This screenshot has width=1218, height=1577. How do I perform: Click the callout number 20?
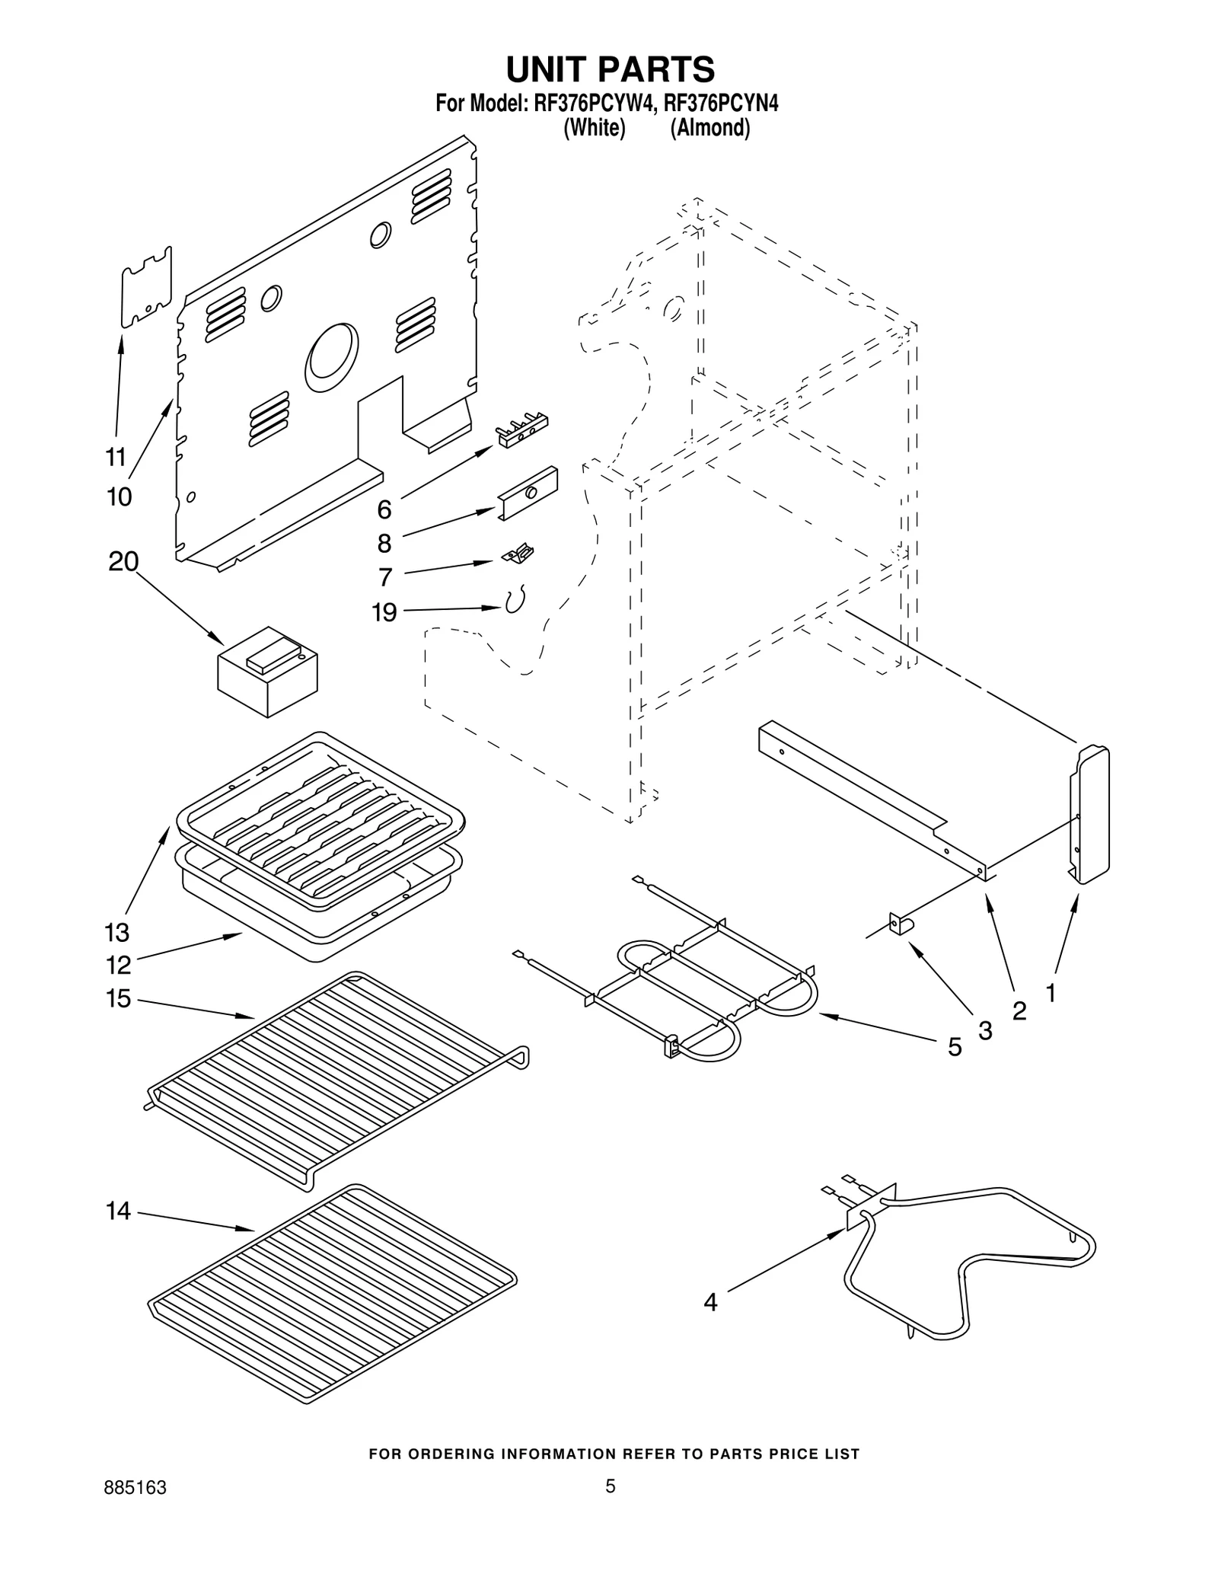(123, 562)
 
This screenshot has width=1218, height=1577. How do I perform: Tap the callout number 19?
(384, 611)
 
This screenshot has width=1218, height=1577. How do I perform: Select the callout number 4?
(709, 1303)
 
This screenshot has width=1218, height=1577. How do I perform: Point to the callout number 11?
(116, 457)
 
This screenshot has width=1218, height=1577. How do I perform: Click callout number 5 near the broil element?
(955, 1048)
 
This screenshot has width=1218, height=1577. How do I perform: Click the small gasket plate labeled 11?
(147, 287)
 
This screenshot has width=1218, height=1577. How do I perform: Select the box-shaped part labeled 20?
(267, 672)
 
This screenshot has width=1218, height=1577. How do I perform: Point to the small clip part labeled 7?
(518, 554)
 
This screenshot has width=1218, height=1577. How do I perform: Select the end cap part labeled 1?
(1090, 815)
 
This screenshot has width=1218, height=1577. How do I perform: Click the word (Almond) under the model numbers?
(709, 128)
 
